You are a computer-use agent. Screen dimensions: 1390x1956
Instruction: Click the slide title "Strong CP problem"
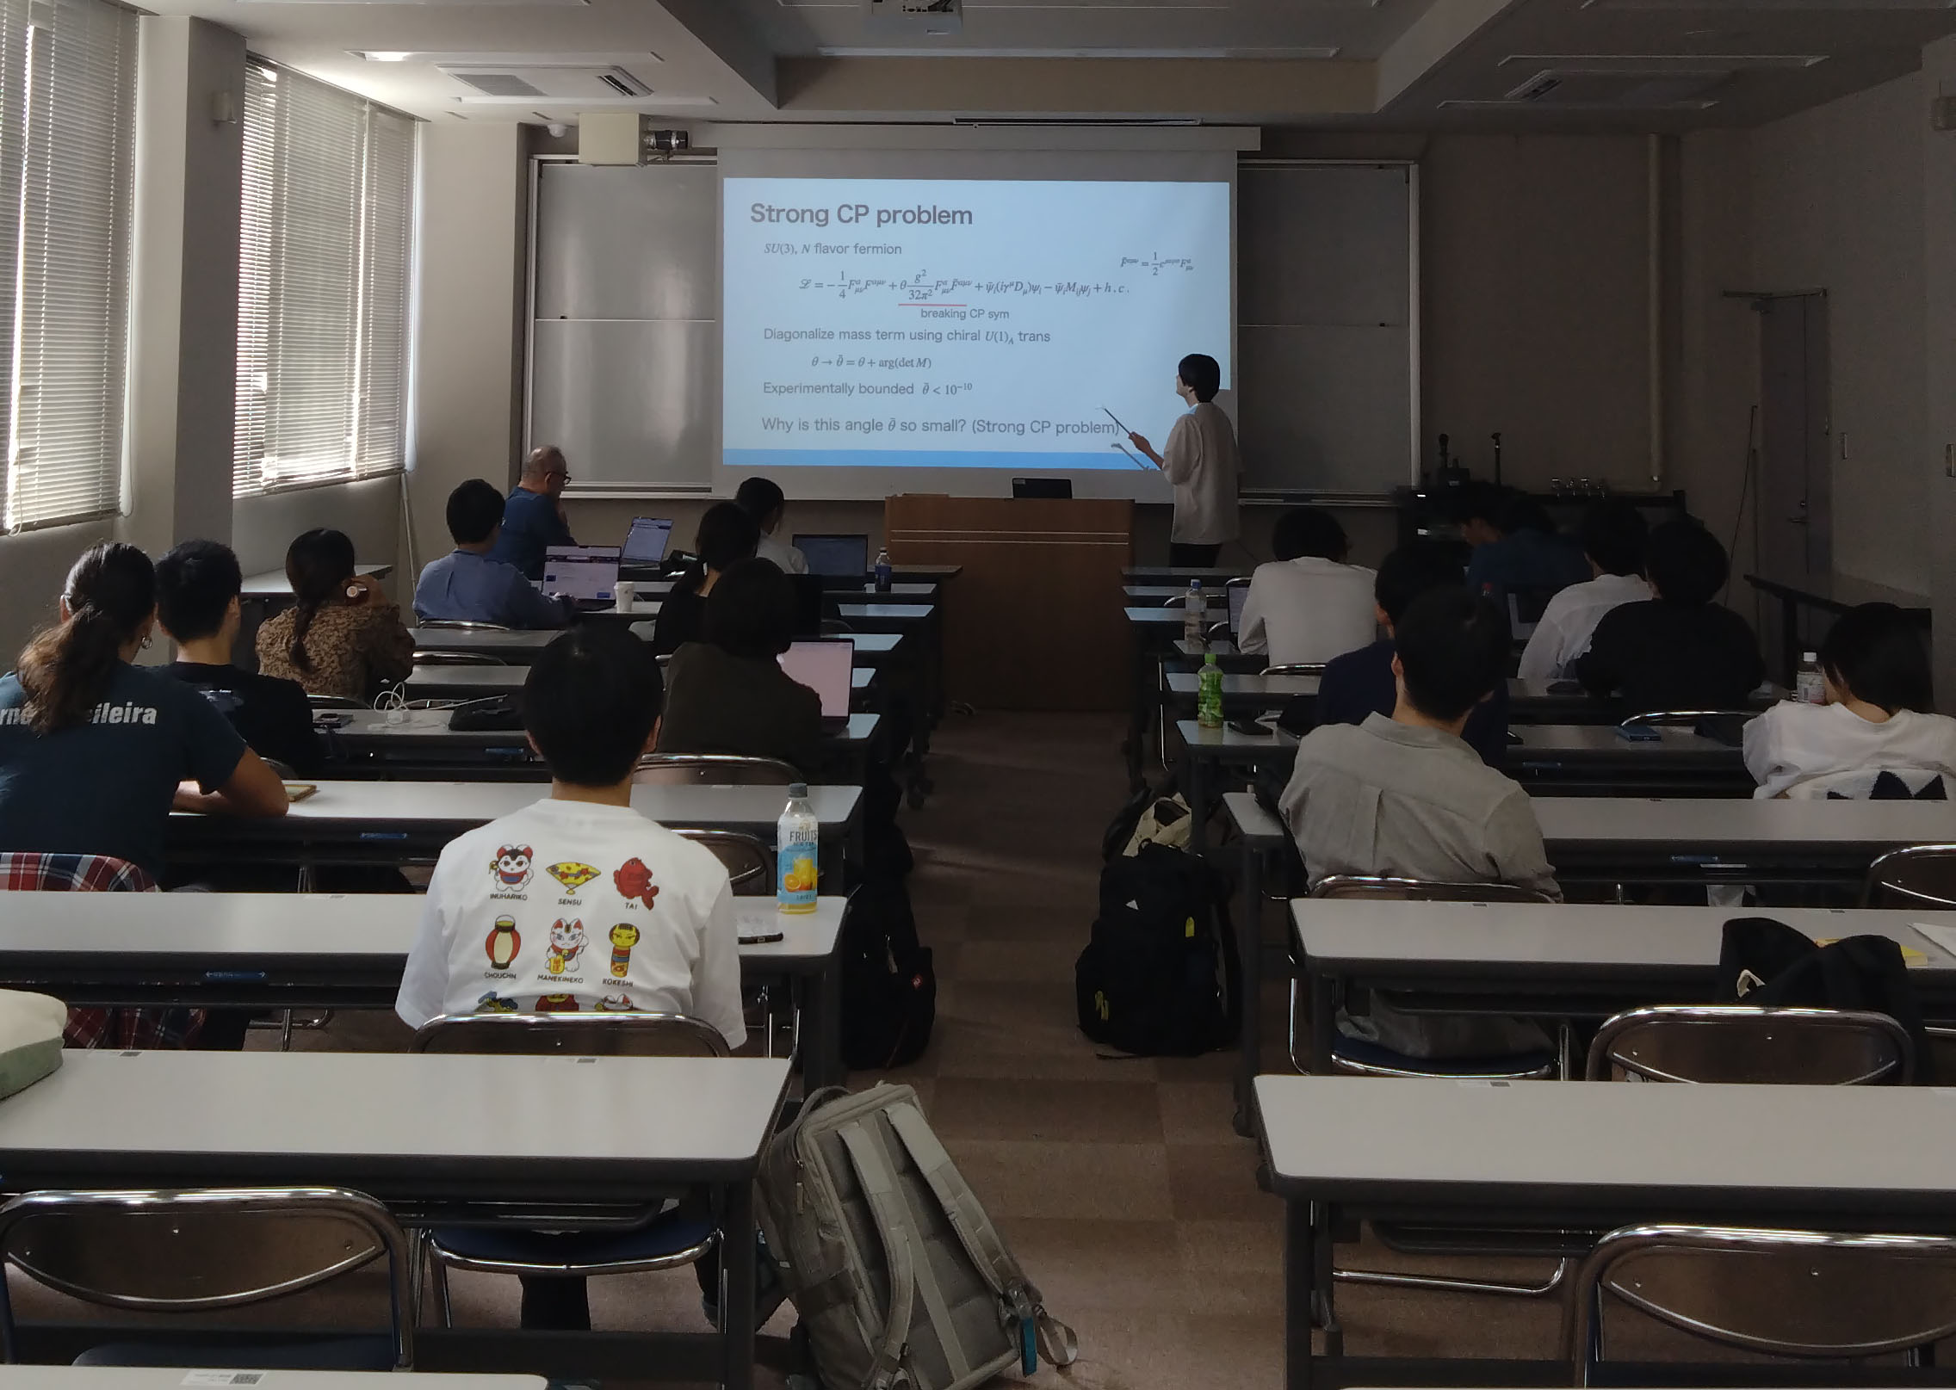click(x=861, y=214)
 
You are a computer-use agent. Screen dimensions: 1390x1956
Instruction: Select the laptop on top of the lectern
click(x=1041, y=488)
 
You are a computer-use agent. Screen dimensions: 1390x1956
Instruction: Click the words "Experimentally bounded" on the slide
click(x=838, y=389)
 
